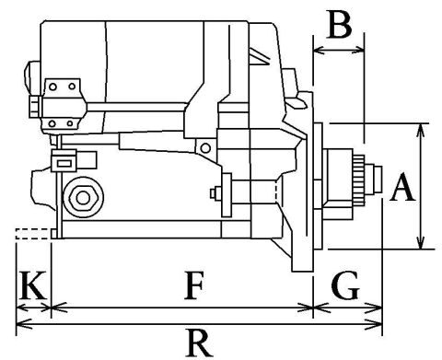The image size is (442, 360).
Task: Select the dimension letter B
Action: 340,26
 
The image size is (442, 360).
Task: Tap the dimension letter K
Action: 31,287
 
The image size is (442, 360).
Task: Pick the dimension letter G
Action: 344,287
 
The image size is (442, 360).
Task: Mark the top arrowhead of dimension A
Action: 421,128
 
